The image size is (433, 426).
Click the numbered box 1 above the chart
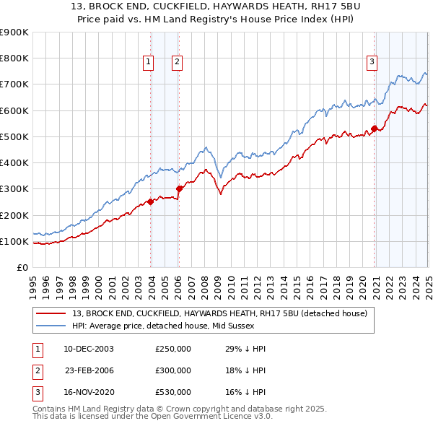click(x=148, y=62)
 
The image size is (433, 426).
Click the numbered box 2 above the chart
click(x=177, y=62)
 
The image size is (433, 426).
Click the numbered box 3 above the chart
click(x=372, y=62)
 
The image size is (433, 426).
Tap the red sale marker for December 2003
click(x=151, y=202)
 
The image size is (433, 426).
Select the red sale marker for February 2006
click(x=179, y=189)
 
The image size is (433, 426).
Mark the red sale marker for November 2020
click(x=375, y=129)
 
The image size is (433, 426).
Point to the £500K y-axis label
click(x=14, y=136)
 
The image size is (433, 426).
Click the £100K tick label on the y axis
click(x=14, y=241)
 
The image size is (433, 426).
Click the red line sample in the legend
click(x=52, y=313)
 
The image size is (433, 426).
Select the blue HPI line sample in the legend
click(x=52, y=326)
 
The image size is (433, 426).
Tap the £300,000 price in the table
click(x=173, y=370)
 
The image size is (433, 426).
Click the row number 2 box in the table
click(x=35, y=370)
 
